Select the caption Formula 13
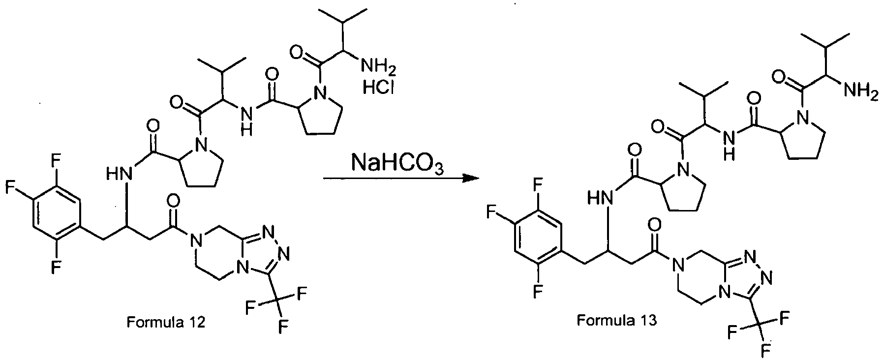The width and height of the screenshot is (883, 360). point(616,321)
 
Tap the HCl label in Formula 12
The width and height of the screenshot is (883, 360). point(378,89)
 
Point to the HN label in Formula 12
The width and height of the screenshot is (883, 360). point(120,173)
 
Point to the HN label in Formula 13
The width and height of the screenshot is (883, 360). point(601,199)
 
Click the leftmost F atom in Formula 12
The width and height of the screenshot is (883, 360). point(8,187)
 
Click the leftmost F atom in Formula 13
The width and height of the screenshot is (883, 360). point(490,213)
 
